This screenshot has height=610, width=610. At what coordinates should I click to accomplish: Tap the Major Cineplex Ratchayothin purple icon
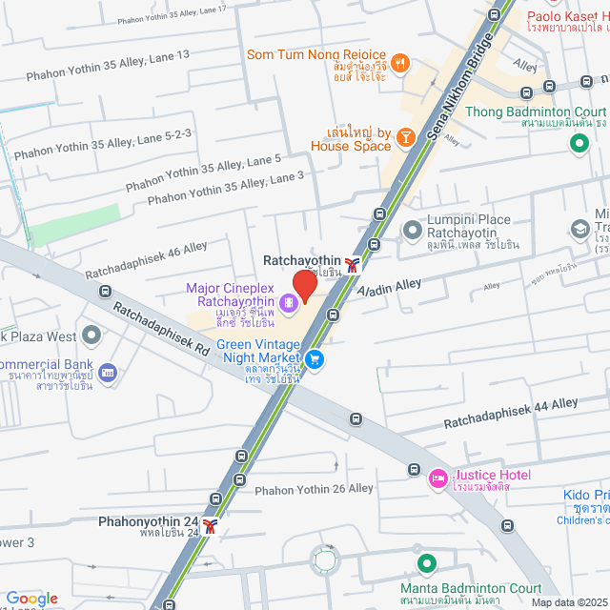point(290,305)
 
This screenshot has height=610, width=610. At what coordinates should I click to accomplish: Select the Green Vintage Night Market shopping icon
point(316,359)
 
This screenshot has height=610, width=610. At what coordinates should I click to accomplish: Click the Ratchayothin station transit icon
point(354,265)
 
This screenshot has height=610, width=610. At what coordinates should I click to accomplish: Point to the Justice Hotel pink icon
point(438,477)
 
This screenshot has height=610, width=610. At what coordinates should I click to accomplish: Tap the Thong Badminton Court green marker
point(578,144)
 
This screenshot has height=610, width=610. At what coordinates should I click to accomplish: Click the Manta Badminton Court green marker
point(426,564)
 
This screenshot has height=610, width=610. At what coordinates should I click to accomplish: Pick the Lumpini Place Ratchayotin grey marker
point(412,229)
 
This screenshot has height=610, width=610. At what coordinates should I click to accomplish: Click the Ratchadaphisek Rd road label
point(161,330)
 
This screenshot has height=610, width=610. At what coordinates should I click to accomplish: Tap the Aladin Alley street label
point(391,290)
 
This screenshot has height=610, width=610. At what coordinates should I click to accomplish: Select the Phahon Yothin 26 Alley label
point(315,489)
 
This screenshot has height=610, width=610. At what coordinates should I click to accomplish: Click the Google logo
point(31,598)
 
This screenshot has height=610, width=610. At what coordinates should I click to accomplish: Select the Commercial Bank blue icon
point(107,371)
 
